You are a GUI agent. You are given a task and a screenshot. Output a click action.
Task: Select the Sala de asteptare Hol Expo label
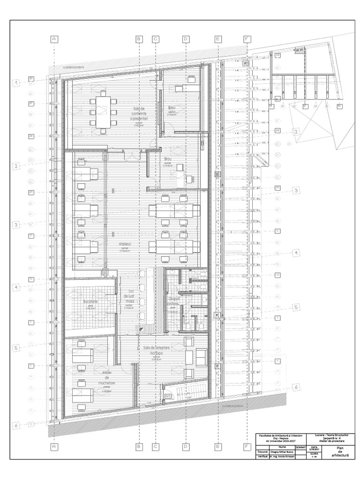click(x=156, y=350)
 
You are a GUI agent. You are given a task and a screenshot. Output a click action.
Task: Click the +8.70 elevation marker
click(x=167, y=396)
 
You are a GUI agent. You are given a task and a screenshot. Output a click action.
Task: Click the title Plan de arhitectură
click(x=337, y=451)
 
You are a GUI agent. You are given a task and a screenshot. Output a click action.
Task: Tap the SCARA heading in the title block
click(x=314, y=454)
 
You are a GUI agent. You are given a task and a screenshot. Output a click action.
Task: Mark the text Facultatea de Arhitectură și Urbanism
click(x=278, y=435)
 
